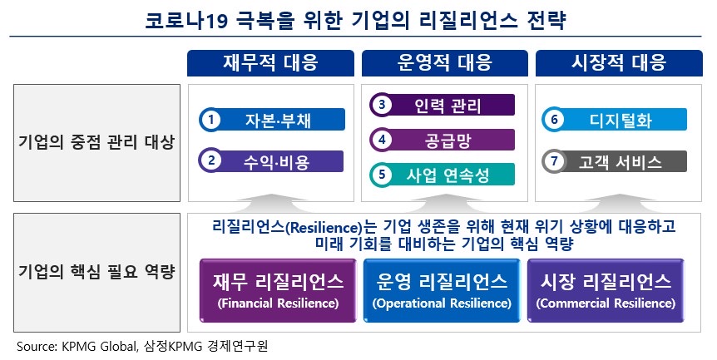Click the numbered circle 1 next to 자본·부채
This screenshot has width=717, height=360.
pos(212,120)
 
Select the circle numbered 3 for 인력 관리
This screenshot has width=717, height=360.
pos(382,105)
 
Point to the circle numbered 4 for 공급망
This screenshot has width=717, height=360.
pos(382,140)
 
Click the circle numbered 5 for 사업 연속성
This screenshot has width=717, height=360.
pos(382,175)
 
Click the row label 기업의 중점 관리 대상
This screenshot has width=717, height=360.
pos(96,142)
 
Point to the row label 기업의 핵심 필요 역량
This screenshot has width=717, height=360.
pos(96,272)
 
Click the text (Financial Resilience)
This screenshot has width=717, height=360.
pos(277,303)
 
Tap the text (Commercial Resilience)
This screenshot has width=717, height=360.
pos(605,303)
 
